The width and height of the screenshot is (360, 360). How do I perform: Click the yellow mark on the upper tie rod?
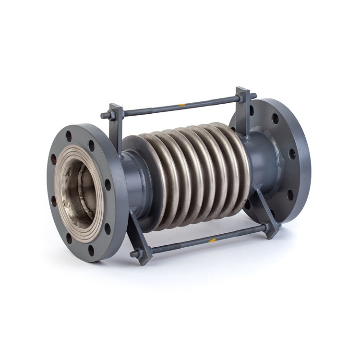click(181, 104)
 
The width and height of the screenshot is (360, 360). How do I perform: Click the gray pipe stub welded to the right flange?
click(263, 163)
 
